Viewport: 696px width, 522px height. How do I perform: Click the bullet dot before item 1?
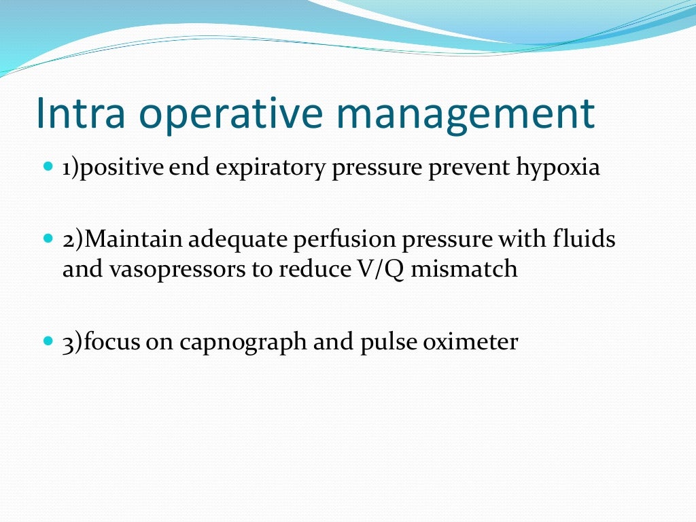coord(47,167)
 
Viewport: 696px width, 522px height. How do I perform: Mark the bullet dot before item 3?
coord(47,339)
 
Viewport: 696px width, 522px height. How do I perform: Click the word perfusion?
coord(331,241)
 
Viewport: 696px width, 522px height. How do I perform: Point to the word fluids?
coord(586,240)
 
